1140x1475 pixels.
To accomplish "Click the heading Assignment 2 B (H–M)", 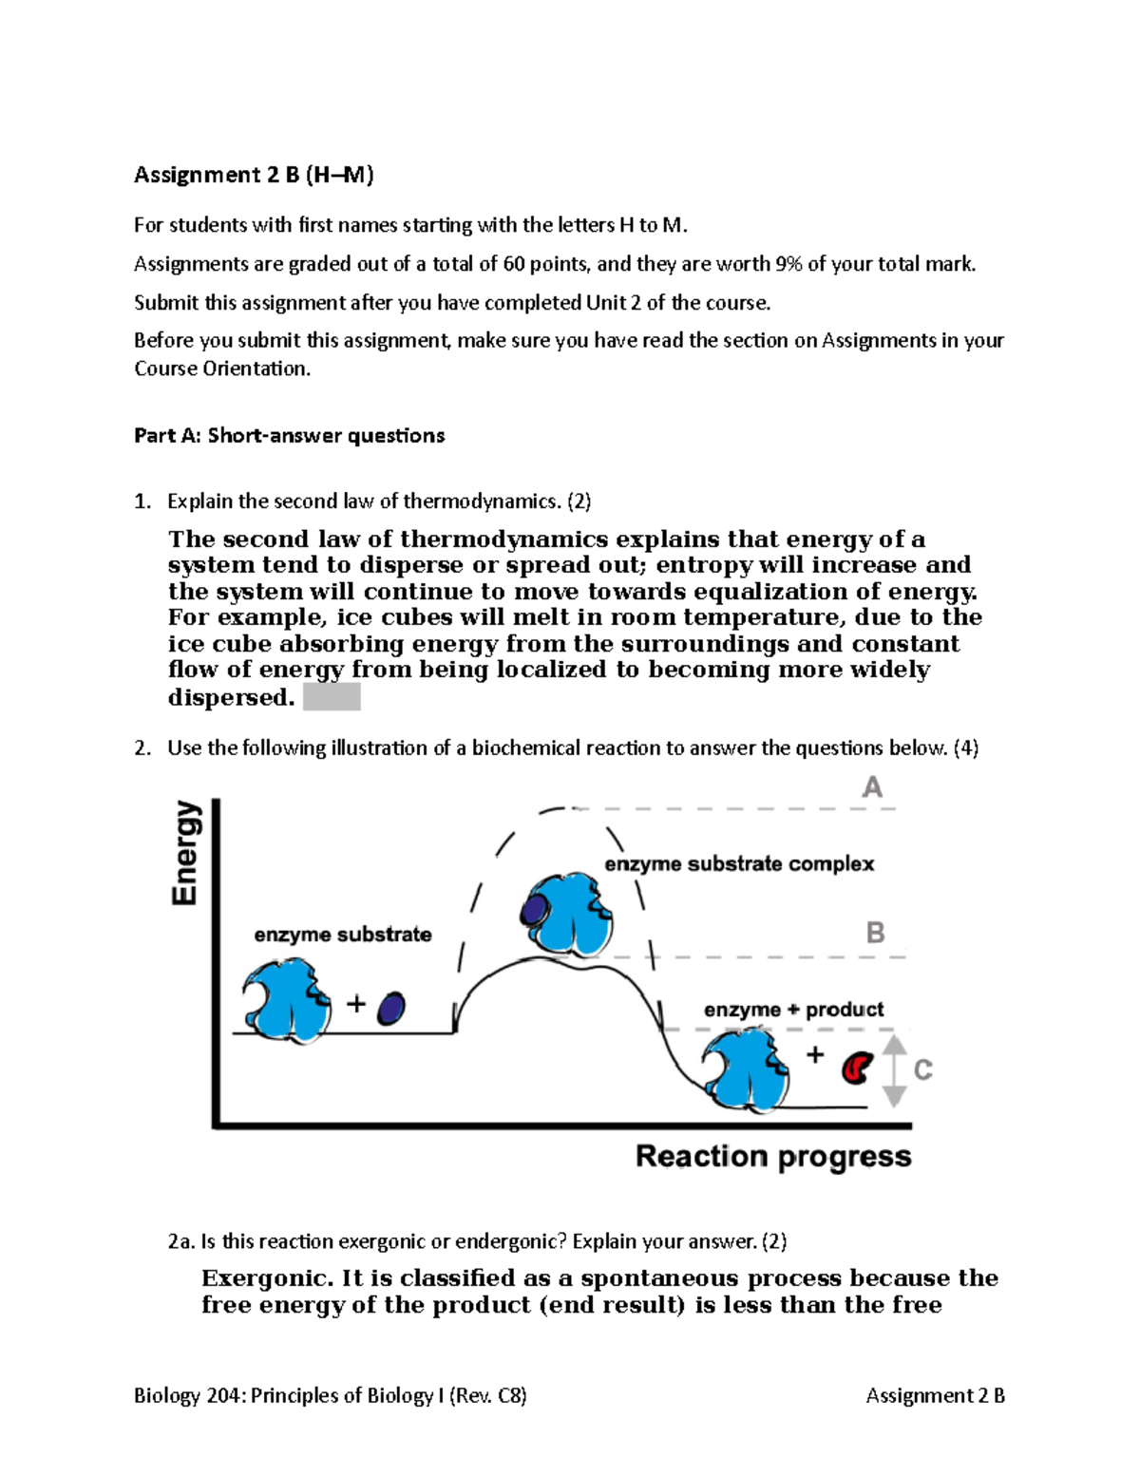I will [254, 175].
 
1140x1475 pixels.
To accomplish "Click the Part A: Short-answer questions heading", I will [289, 436].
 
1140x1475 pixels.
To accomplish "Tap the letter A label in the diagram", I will [872, 787].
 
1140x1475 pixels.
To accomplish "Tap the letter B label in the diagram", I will [875, 933].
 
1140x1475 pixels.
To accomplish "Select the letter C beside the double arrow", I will [922, 1070].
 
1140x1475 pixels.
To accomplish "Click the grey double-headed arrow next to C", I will [893, 1070].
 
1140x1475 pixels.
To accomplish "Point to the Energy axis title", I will [186, 852].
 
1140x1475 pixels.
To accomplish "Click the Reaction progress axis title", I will [772, 1157].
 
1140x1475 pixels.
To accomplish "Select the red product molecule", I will [857, 1068].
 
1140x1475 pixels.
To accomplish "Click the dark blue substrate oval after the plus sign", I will [390, 1008].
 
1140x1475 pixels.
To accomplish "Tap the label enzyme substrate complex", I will [738, 864].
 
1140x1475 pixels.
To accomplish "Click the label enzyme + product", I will [793, 1010].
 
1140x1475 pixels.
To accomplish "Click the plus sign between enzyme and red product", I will [815, 1054].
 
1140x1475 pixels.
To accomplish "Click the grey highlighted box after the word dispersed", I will [332, 698].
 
